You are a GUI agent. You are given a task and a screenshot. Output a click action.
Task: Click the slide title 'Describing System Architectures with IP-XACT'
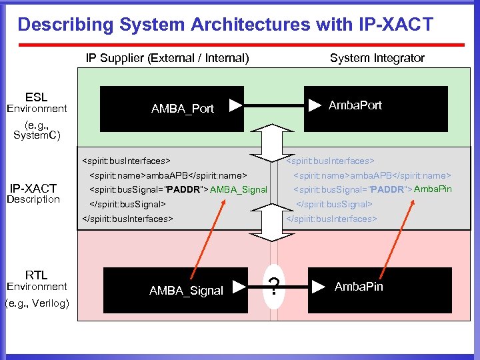[225, 25]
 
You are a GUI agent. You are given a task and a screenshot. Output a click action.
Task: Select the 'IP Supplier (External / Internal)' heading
[167, 58]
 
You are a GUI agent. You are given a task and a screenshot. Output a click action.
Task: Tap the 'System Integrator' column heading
[377, 58]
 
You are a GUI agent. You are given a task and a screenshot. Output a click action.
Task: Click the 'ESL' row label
[36, 97]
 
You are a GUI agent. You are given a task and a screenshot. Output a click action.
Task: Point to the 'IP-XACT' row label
[33, 188]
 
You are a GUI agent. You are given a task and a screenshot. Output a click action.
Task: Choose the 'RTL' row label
[36, 275]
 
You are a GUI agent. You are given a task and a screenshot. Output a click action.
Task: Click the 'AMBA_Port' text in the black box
[183, 109]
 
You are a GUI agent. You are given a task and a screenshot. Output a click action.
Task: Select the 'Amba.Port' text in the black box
[355, 105]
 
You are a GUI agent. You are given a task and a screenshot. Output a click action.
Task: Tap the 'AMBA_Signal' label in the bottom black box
[186, 291]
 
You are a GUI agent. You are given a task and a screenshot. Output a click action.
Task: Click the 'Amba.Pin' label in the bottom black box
[359, 287]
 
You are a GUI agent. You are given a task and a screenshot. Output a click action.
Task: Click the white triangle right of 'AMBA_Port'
[235, 105]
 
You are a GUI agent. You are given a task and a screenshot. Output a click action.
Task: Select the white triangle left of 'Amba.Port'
[314, 105]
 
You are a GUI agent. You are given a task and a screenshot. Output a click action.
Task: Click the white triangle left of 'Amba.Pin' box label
[319, 287]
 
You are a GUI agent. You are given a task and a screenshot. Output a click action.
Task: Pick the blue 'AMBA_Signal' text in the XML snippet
[238, 190]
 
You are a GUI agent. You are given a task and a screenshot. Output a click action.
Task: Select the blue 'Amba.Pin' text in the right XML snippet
[433, 189]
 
